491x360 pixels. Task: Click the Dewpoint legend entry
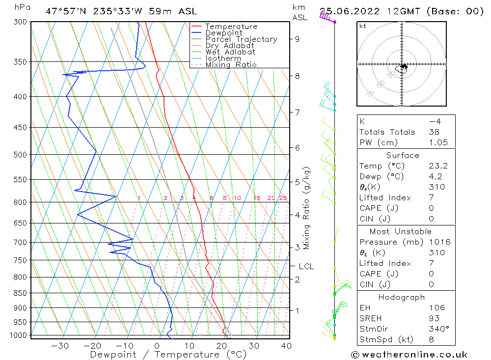tap(223, 33)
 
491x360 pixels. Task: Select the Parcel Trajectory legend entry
tap(241, 39)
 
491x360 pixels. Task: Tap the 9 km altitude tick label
tap(297, 39)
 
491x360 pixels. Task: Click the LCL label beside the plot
tap(306, 266)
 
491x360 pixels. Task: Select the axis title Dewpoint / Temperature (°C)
tap(168, 355)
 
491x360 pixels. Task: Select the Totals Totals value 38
tap(435, 132)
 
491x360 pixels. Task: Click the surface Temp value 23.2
tap(438, 166)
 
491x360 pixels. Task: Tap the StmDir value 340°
tap(437, 329)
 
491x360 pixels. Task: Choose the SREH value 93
tap(435, 318)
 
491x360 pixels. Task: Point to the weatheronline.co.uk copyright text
tap(409, 354)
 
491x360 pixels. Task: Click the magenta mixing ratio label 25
tap(283, 198)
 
